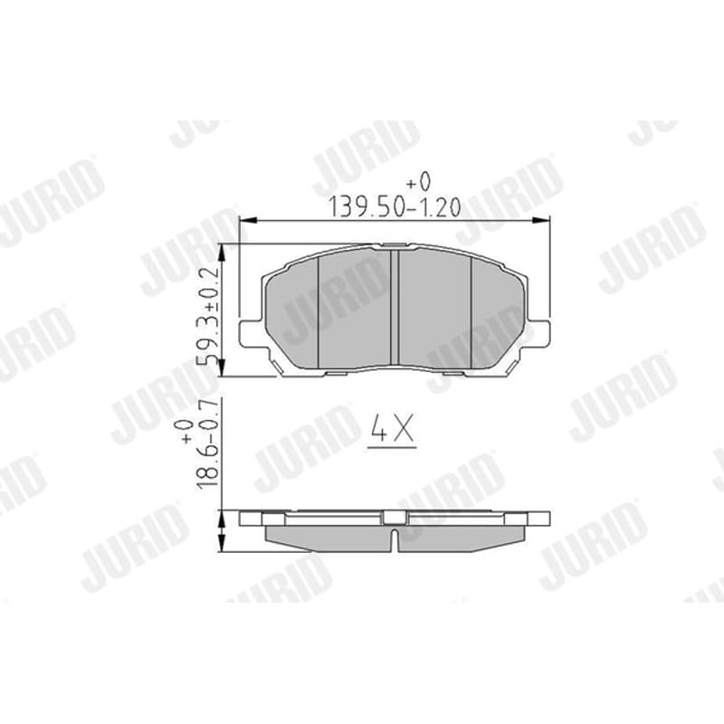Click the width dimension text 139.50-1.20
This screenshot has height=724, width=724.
tap(394, 206)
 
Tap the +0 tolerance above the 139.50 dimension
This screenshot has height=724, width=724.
tap(418, 182)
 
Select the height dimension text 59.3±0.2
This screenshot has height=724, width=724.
tap(208, 314)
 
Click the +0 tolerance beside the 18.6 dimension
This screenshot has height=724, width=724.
tap(186, 432)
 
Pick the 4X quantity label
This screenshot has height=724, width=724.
tap(393, 429)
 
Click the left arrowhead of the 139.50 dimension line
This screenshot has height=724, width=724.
tap(247, 221)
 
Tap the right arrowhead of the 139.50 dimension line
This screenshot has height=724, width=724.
tap(540, 221)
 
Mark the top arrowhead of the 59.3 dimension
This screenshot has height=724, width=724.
tap(222, 252)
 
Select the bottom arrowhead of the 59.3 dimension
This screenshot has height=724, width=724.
tap(222, 368)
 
